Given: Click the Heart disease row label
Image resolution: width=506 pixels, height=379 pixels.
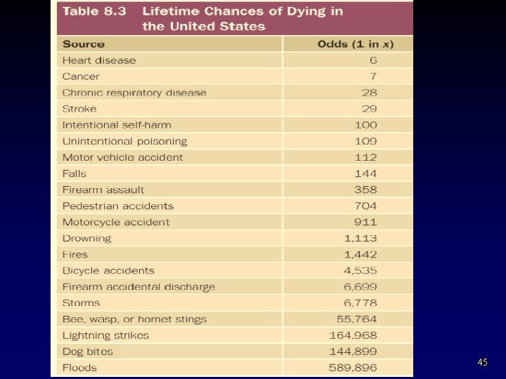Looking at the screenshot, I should (99, 60).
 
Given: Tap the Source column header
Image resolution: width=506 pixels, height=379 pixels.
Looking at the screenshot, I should (83, 44).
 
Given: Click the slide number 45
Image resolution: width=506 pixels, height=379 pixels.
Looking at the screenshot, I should (482, 362).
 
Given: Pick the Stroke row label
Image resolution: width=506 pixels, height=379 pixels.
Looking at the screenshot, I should (79, 109).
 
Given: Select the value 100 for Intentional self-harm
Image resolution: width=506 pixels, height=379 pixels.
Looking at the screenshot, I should (365, 125).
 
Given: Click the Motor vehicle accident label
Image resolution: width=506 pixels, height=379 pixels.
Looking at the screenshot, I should (122, 157).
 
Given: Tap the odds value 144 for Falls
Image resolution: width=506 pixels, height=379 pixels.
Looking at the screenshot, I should (365, 173).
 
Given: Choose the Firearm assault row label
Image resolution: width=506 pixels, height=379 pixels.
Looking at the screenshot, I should (103, 189).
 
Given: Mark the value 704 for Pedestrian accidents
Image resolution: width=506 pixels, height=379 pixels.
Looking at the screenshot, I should (365, 206).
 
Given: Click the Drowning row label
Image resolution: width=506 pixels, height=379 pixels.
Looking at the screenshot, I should (86, 238).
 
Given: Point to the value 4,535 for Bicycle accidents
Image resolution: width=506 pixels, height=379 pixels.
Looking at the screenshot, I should (361, 270).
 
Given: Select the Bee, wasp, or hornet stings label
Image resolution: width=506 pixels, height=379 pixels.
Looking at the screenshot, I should (134, 319).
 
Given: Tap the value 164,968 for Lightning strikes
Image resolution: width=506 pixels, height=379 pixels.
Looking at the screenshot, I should (353, 335).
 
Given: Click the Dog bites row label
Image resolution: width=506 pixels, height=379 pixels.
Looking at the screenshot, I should (87, 352).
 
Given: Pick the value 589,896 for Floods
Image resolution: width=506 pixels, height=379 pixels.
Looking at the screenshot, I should (353, 368).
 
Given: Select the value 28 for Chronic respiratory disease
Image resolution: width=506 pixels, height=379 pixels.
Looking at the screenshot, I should (370, 93).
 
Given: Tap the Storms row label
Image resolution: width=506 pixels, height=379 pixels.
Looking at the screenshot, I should (81, 303).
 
